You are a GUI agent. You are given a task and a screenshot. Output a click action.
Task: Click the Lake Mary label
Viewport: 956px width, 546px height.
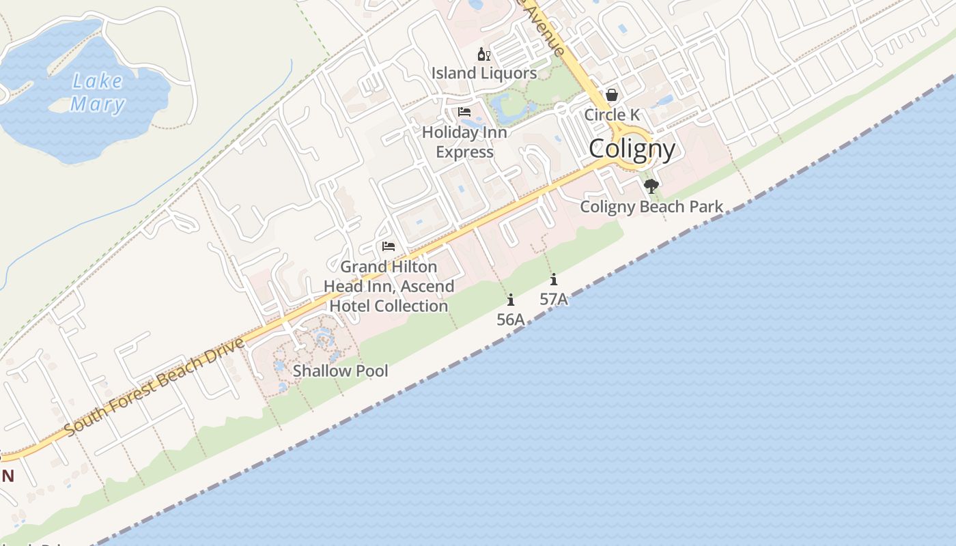(98, 93)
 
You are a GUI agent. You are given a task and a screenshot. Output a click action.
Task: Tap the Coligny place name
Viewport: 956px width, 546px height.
(632, 149)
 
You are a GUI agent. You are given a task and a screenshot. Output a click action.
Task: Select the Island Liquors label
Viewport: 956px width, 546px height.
(483, 73)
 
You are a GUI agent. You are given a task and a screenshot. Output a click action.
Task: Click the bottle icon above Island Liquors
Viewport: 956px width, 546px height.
(483, 55)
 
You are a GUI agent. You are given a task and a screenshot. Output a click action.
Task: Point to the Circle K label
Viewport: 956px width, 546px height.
(611, 114)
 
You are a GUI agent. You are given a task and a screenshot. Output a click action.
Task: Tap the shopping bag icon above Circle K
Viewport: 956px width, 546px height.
(612, 96)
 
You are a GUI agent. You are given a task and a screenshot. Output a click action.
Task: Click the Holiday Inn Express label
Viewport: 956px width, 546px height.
(464, 142)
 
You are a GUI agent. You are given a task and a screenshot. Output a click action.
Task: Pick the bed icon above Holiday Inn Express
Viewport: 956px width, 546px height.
(464, 112)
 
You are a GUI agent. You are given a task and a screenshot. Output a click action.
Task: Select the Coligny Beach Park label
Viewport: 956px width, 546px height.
(651, 206)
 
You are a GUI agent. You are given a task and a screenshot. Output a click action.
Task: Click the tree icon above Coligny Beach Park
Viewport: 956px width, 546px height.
(651, 186)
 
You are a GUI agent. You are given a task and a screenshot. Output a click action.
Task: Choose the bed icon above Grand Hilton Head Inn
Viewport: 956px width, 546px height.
(389, 246)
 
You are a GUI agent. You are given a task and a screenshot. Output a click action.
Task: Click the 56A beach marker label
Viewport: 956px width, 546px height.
(510, 319)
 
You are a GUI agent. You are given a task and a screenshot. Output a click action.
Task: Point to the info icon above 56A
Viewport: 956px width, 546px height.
(510, 300)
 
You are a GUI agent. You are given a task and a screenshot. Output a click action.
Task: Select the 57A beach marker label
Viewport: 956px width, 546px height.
(554, 299)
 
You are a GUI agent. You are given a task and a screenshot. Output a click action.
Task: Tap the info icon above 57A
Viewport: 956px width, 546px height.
(554, 279)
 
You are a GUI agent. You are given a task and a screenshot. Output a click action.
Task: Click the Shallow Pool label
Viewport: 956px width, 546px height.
(340, 371)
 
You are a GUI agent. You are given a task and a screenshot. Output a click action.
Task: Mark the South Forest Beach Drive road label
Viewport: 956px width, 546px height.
(154, 387)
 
